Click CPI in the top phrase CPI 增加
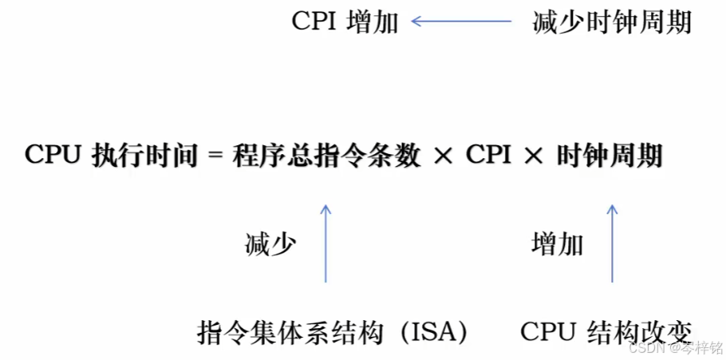(x=315, y=22)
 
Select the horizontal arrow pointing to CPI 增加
(x=461, y=22)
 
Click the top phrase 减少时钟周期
(x=611, y=22)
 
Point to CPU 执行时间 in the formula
(x=111, y=155)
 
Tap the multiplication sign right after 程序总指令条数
(x=444, y=156)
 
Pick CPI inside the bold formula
(x=489, y=155)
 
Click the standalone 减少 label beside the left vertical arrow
(x=270, y=244)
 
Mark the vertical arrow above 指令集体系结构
(x=326, y=243)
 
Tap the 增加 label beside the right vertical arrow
(x=557, y=244)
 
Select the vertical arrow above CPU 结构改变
(x=613, y=243)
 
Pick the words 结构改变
(x=638, y=331)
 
